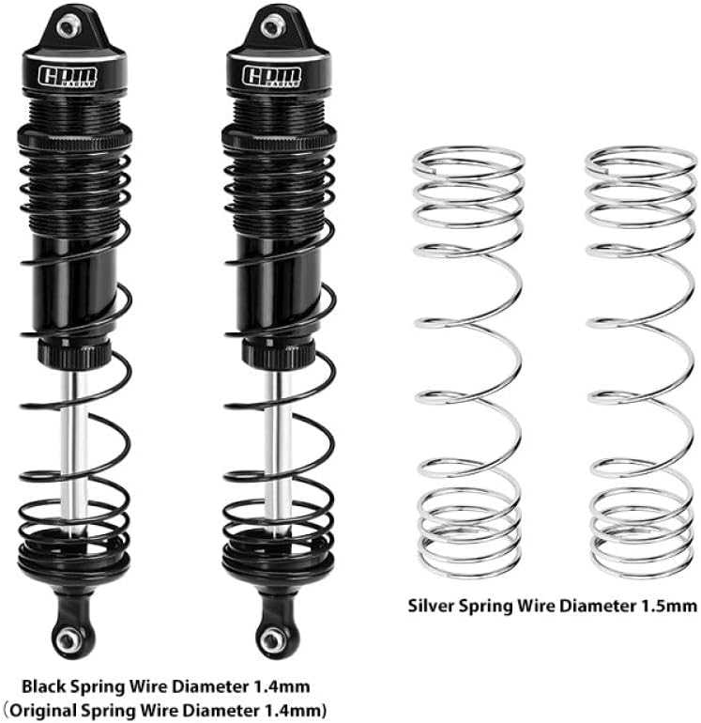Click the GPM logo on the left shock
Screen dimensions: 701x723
(x=68, y=77)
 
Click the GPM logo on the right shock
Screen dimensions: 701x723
(x=272, y=77)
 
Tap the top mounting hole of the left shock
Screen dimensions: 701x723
(x=68, y=25)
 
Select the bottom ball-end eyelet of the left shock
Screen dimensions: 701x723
(x=68, y=639)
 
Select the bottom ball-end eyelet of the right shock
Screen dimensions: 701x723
(x=272, y=639)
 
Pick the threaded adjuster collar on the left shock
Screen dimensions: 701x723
(x=75, y=136)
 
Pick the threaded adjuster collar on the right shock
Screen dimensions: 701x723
(x=280, y=136)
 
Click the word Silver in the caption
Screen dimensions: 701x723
(x=432, y=606)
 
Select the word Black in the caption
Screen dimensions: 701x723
(x=44, y=686)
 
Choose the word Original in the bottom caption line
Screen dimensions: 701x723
(x=43, y=710)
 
